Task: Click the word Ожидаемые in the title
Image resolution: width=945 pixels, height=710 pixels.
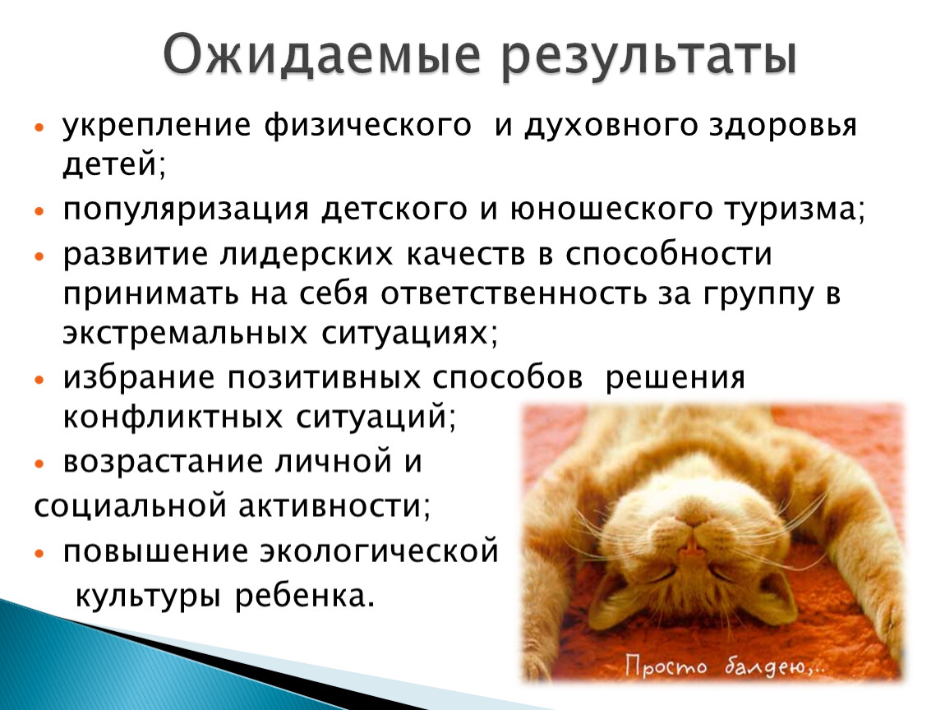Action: tap(322, 56)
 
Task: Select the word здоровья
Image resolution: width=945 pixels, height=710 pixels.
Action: tap(783, 127)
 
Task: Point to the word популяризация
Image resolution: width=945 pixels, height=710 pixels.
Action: tap(186, 210)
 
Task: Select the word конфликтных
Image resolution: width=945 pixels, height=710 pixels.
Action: tap(173, 417)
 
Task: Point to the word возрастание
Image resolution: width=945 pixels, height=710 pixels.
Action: tap(163, 463)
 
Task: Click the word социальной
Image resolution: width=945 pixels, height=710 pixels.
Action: tap(130, 506)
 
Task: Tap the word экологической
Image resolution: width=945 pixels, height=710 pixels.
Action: tap(380, 551)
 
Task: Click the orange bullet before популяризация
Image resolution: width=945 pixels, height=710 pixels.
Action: tap(39, 211)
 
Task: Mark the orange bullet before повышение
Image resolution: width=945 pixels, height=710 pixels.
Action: tap(39, 553)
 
